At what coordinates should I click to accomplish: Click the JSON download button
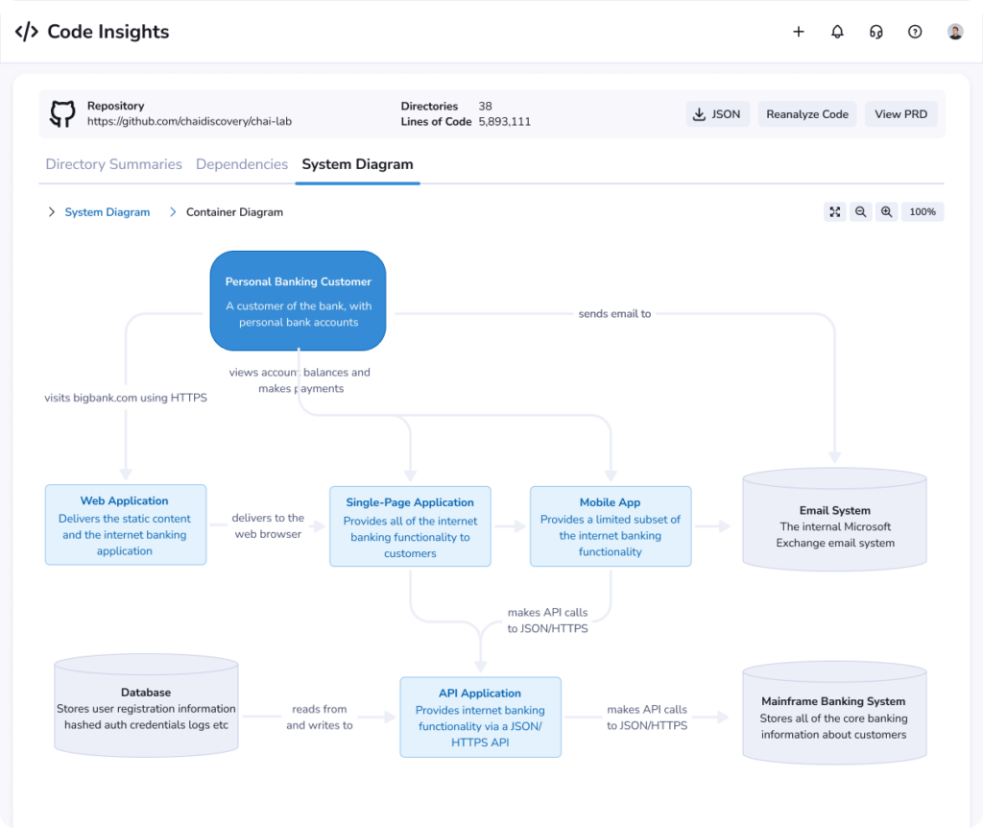(x=717, y=114)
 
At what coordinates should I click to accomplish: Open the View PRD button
(x=900, y=114)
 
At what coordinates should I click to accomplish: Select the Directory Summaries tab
(x=113, y=164)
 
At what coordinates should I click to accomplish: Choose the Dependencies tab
(x=242, y=164)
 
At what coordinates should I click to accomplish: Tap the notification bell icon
(x=837, y=32)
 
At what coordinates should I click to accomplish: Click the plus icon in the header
(x=798, y=32)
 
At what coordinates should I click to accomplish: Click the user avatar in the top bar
(x=955, y=32)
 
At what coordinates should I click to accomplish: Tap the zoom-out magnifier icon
(x=861, y=212)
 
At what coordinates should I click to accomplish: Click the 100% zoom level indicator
(x=923, y=212)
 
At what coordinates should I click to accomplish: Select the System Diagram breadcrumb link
(x=108, y=212)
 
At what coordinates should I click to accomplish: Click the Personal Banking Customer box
(x=298, y=301)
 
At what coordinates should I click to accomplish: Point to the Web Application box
(x=126, y=525)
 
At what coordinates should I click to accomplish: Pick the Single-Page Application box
(x=410, y=526)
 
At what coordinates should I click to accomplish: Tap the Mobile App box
(x=611, y=526)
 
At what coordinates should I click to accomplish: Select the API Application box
(x=480, y=717)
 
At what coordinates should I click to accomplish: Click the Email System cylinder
(x=834, y=520)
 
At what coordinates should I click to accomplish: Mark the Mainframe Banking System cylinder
(x=834, y=713)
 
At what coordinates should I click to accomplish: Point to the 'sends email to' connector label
(x=614, y=314)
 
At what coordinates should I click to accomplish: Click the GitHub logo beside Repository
(x=62, y=113)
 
